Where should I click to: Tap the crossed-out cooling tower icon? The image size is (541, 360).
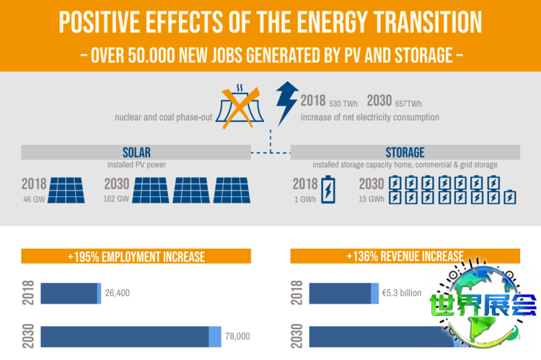(x=244, y=105)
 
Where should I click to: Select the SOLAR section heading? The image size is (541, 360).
(x=136, y=152)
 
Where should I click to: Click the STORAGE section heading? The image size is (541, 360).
(x=405, y=152)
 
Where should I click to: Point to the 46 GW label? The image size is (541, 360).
(x=34, y=199)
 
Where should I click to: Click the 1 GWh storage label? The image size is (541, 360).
(x=304, y=199)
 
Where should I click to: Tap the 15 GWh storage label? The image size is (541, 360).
(x=371, y=199)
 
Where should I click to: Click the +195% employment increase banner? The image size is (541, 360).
(x=136, y=256)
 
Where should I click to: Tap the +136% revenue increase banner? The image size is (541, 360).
(x=405, y=256)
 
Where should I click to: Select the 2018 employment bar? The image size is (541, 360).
(x=70, y=293)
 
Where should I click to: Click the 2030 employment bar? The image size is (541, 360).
(x=130, y=336)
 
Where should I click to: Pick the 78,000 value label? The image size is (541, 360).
(x=237, y=336)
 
